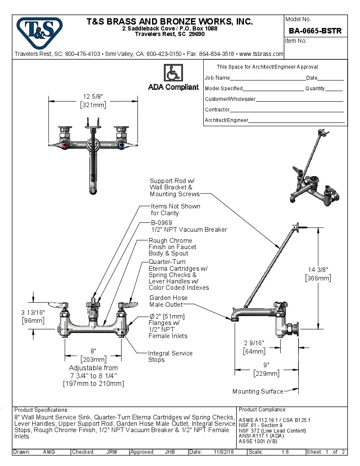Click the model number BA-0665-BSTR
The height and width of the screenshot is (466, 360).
(315, 31)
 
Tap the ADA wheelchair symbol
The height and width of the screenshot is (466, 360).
(173, 73)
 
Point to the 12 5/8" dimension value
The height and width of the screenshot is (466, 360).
(93, 97)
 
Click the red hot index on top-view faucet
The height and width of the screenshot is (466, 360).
(64, 145)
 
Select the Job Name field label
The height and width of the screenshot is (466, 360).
(217, 78)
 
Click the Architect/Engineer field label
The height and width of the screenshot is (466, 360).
(226, 120)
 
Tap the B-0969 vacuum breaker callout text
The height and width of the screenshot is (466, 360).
(188, 226)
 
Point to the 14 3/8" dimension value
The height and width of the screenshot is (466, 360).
(318, 269)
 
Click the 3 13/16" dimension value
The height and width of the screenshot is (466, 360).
(33, 312)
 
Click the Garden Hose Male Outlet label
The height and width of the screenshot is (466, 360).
(168, 301)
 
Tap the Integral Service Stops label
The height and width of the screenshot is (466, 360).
(170, 356)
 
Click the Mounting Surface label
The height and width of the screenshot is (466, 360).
(258, 391)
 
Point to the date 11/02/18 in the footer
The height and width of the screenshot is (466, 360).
(224, 452)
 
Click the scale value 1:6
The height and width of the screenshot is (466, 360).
(285, 452)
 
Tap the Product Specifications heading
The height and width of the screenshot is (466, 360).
(42, 410)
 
